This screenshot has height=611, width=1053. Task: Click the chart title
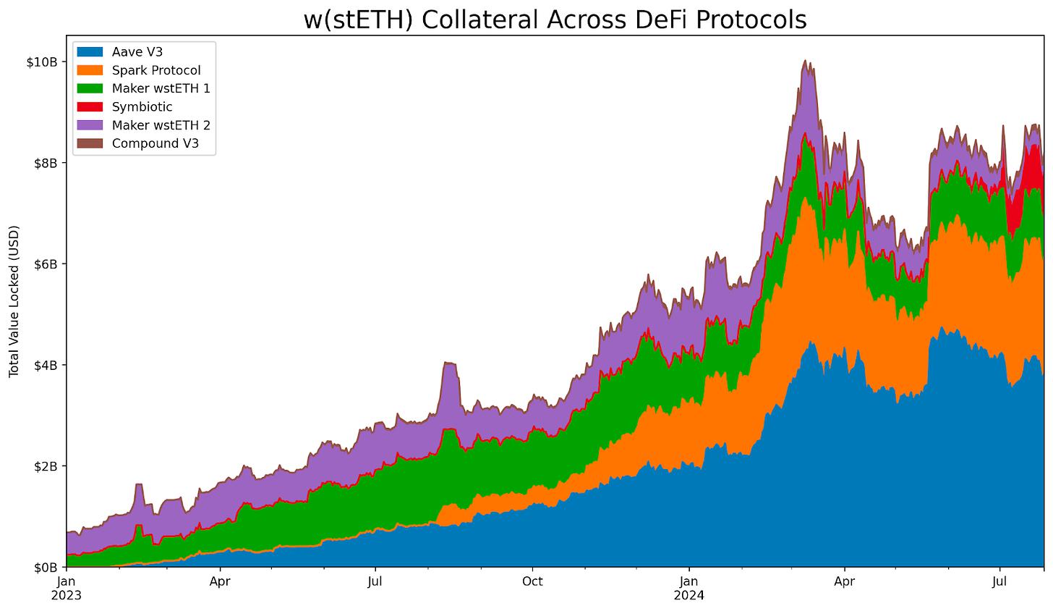[x=555, y=20]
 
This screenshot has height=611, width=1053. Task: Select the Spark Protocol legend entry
[x=156, y=70]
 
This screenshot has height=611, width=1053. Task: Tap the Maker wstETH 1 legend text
[x=161, y=88]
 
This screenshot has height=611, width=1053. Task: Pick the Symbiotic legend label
[x=142, y=106]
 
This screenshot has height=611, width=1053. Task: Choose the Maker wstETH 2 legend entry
[x=161, y=125]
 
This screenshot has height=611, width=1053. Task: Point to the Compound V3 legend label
[x=155, y=143]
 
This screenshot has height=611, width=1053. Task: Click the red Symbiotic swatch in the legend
[x=91, y=106]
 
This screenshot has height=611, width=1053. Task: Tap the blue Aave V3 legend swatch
[x=91, y=51]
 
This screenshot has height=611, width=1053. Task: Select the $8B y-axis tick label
[x=46, y=163]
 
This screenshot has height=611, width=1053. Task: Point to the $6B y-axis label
[x=46, y=264]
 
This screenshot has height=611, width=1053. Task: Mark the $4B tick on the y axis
[x=46, y=365]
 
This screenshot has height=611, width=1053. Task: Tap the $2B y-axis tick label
[x=46, y=465]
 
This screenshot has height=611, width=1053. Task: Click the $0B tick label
[x=46, y=567]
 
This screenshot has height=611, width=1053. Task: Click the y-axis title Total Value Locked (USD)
[x=14, y=300]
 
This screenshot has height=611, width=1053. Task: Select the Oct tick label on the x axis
[x=532, y=581]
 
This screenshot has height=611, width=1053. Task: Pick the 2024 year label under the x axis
[x=689, y=596]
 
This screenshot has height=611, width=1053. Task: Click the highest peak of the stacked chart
[x=806, y=61]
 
